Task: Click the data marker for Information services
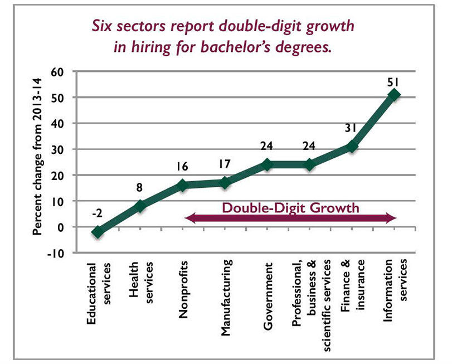pos(394,95)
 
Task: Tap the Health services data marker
pos(140,206)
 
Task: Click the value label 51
pos(393,81)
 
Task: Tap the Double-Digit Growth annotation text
pos(290,208)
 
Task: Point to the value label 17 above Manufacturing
pos(225,165)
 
